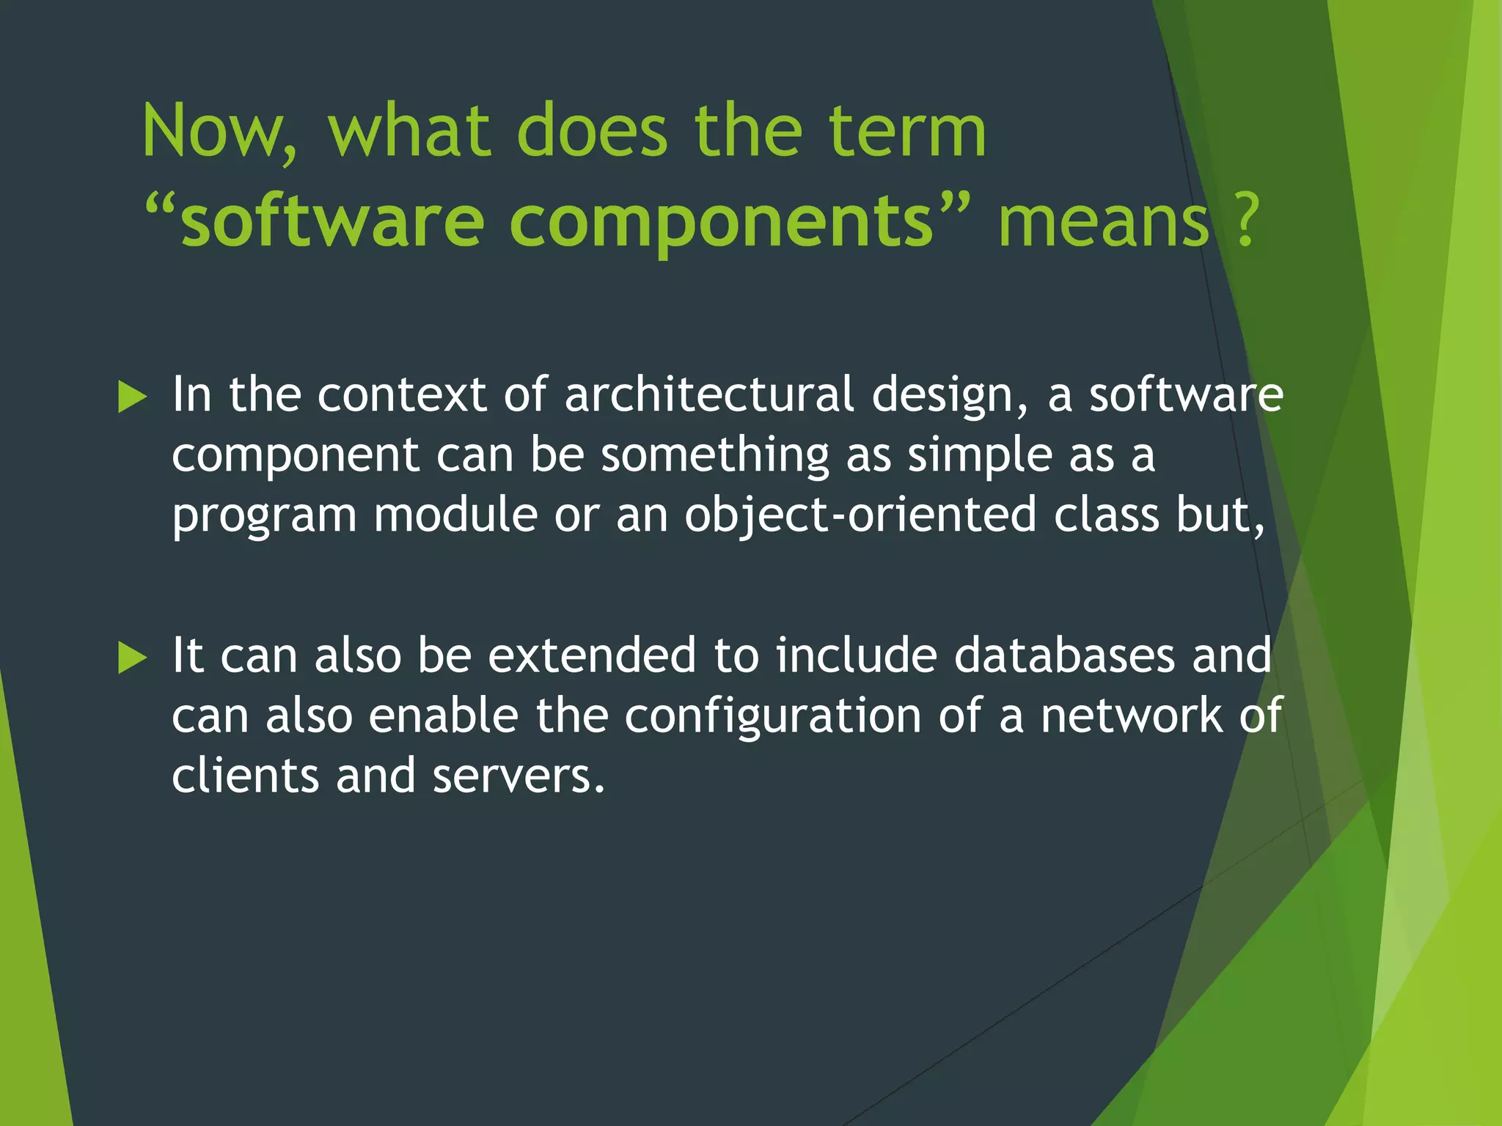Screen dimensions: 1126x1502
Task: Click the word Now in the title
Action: tap(219, 132)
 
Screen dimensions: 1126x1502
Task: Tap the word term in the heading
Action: tap(907, 132)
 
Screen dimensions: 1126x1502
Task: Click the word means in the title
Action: tap(1103, 222)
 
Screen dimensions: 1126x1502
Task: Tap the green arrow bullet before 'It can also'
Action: tap(133, 657)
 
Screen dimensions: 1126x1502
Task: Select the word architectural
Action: tap(709, 395)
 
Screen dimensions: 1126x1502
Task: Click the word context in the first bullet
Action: tap(402, 395)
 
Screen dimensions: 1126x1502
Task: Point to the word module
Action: tap(455, 515)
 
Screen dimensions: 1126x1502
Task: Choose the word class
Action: tap(1107, 515)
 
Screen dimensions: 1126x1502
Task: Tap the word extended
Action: tap(592, 655)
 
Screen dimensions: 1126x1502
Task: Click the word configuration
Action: tap(773, 717)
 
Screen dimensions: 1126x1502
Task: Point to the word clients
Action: tap(245, 776)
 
